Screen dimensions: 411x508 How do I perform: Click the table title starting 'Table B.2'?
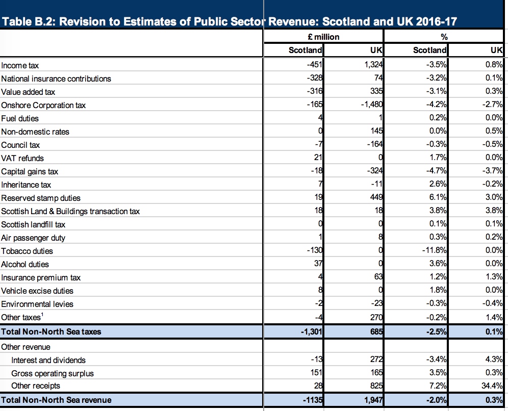point(230,22)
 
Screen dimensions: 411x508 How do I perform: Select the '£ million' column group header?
point(324,37)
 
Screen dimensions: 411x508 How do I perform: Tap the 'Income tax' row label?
point(20,66)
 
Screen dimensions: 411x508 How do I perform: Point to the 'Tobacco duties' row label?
point(27,251)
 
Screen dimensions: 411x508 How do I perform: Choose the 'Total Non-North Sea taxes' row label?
point(51,332)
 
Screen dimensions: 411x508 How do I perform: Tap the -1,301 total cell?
point(312,332)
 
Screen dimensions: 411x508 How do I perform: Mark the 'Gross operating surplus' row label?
point(53,373)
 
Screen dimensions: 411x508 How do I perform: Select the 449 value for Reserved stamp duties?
point(376,198)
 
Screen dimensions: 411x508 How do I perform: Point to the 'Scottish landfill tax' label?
point(33,225)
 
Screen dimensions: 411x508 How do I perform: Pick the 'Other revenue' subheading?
point(26,347)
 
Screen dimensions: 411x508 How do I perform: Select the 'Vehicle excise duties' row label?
point(37,291)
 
